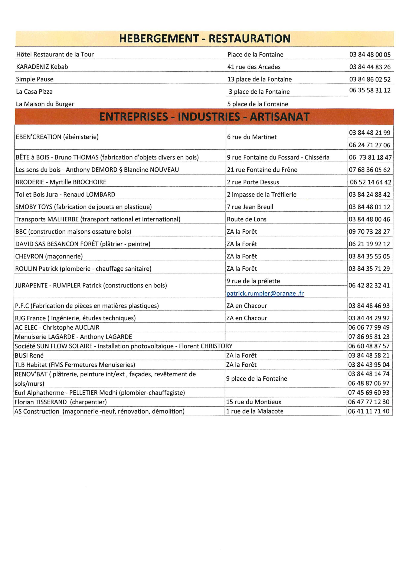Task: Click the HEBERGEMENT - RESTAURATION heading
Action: (204, 39)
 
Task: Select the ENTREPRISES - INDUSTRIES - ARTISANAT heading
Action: (204, 117)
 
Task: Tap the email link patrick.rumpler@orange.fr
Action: (265, 293)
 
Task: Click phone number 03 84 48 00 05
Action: (370, 54)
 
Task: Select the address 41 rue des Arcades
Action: (254, 67)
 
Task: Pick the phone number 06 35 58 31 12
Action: (370, 90)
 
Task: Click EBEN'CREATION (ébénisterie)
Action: (57, 137)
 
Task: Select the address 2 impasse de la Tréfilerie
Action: (261, 194)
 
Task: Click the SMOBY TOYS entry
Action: (83, 207)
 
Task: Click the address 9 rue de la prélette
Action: (253, 281)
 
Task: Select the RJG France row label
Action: (75, 318)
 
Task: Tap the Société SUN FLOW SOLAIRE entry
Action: (123, 346)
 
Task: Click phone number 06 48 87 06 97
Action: (369, 383)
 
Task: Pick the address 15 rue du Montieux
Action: (254, 402)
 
